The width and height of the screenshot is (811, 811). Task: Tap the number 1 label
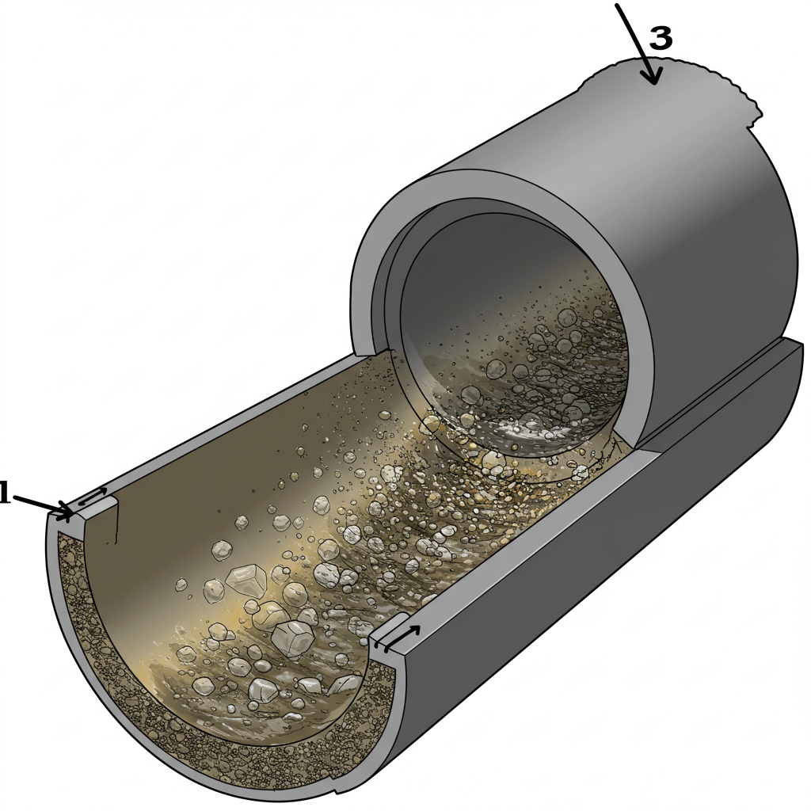click(5, 493)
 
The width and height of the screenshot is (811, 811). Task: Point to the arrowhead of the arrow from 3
click(653, 78)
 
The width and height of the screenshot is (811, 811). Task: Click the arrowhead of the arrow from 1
click(66, 512)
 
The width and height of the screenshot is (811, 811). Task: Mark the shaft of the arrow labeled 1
click(40, 504)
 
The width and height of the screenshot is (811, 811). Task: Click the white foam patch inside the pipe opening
click(523, 429)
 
